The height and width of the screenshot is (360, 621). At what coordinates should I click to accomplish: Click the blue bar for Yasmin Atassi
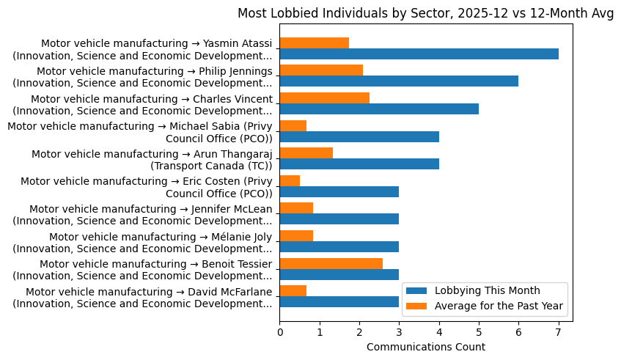click(x=419, y=54)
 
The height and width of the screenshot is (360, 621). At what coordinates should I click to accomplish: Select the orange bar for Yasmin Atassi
click(x=314, y=43)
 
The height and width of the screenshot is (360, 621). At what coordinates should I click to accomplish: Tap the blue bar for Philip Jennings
click(x=399, y=81)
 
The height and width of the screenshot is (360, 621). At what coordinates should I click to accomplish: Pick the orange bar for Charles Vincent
click(x=324, y=98)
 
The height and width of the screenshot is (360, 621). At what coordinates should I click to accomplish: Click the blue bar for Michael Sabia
click(x=359, y=136)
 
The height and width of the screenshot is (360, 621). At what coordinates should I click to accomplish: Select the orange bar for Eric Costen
click(x=290, y=180)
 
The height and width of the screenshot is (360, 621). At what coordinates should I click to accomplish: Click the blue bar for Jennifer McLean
click(x=339, y=218)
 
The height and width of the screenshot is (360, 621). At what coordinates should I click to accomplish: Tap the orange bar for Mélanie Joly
click(x=296, y=235)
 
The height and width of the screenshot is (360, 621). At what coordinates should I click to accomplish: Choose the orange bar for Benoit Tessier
click(x=331, y=263)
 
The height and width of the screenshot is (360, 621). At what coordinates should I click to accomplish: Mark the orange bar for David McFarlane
click(x=293, y=290)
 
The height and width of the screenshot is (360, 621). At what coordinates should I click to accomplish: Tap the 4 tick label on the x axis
click(x=439, y=331)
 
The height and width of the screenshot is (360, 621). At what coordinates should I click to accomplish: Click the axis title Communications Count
click(x=425, y=346)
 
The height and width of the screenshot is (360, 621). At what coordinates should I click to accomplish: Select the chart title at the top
click(x=425, y=13)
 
